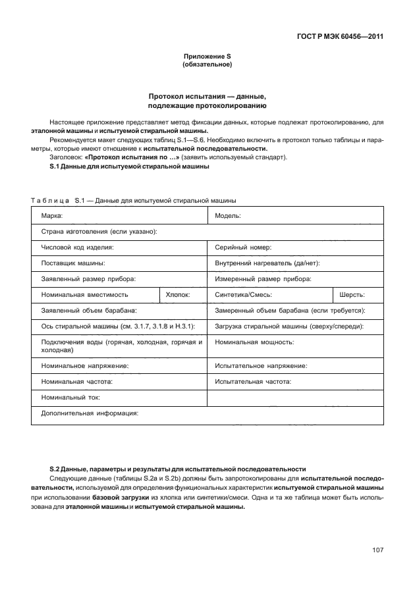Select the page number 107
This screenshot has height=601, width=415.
click(377, 550)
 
